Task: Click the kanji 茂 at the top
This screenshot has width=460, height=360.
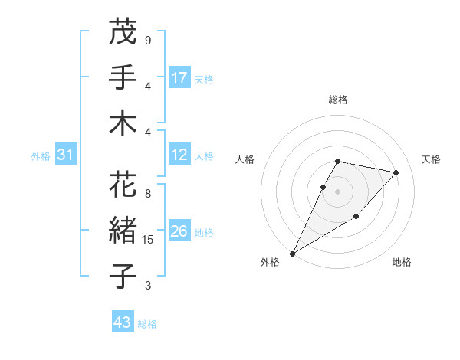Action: click(123, 32)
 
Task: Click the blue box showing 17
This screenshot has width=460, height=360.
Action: click(179, 77)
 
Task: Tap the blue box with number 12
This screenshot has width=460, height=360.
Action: click(179, 155)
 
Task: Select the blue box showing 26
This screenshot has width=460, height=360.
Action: click(179, 231)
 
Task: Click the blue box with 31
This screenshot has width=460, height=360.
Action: click(66, 155)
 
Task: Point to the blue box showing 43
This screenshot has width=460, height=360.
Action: click(123, 322)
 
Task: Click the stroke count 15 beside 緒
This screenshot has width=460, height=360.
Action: click(149, 240)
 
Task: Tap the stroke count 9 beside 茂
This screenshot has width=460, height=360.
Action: click(147, 41)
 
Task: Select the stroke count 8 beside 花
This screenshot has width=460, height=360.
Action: click(147, 194)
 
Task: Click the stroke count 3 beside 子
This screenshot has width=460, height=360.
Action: click(147, 286)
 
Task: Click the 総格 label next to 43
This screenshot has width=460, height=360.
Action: click(147, 324)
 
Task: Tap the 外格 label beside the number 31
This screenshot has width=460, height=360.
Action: click(41, 156)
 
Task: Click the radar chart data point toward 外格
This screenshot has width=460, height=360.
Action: click(292, 253)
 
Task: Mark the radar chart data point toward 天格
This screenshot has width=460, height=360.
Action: click(396, 172)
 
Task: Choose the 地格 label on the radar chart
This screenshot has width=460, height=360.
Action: click(402, 262)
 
